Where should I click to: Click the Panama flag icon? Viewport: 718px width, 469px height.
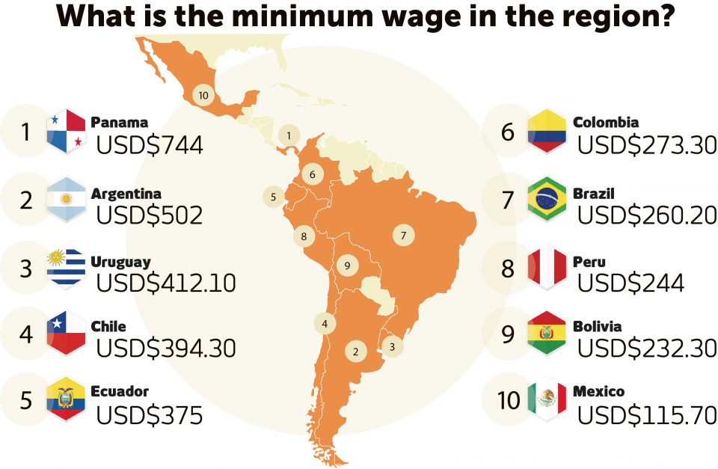point(66,132)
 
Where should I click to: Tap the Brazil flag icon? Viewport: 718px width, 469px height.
point(547,200)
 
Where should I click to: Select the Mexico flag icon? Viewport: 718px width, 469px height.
point(547,399)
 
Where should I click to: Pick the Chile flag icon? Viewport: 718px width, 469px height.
point(66,333)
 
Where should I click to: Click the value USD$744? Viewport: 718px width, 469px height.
point(150,145)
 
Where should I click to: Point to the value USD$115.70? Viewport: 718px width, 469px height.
point(647,414)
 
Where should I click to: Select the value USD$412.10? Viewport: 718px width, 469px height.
point(166,283)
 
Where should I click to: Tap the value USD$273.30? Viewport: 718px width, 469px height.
point(647,145)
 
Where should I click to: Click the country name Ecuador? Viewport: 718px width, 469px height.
point(120,391)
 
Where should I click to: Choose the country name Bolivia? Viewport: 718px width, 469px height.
point(597,327)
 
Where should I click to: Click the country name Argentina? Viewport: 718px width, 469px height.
point(126,194)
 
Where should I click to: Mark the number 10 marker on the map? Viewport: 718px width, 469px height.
point(203,95)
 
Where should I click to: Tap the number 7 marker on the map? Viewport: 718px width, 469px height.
point(403,236)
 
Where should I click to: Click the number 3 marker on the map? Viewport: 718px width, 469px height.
point(391,346)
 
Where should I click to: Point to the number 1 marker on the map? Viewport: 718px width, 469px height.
point(288,135)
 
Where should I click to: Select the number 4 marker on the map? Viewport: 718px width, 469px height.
point(325,324)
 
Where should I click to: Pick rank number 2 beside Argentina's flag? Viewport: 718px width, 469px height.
point(26,200)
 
